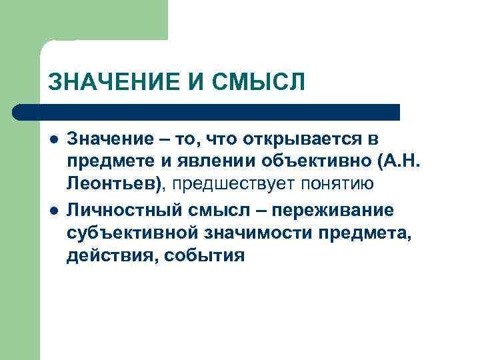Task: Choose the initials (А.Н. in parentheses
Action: point(397,163)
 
